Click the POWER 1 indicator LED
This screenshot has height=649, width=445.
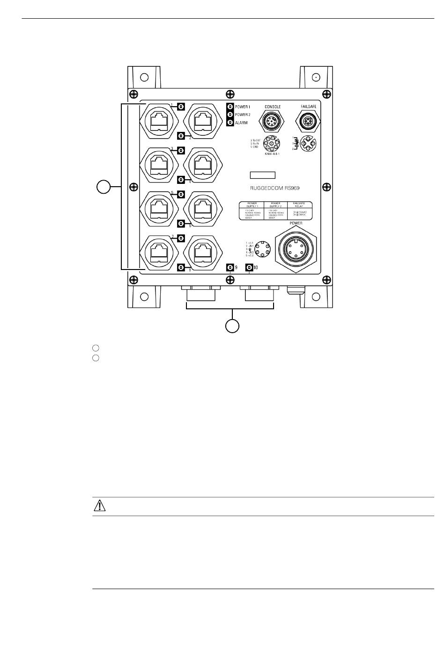(x=230, y=107)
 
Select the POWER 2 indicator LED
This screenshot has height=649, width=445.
(x=230, y=115)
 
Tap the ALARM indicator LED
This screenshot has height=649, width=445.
(x=230, y=123)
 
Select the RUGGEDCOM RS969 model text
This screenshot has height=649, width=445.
(x=274, y=188)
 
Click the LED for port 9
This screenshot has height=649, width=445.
(x=230, y=268)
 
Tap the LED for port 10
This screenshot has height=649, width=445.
(x=249, y=268)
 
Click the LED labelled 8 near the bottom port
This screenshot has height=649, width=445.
(x=181, y=268)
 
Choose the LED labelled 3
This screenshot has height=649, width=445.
(x=181, y=151)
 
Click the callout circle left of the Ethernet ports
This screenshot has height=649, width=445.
(x=104, y=188)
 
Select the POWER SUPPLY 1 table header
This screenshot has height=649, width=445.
(x=252, y=205)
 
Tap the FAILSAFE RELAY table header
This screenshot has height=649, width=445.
(x=298, y=205)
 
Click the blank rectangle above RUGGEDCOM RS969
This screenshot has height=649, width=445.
(x=262, y=175)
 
